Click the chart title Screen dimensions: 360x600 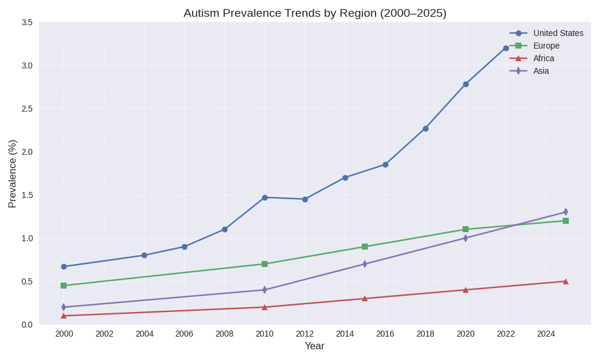pos(315,13)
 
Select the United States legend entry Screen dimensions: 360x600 pos(558,33)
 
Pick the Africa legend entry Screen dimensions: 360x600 pos(544,58)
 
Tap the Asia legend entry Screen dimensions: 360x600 pos(541,71)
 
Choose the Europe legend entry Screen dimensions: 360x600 pos(546,46)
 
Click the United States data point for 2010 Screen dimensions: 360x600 pos(265,197)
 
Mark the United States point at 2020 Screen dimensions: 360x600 pos(466,84)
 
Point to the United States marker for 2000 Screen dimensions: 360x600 pos(64,266)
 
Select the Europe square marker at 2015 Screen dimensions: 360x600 pos(365,247)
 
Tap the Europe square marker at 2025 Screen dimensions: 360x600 pos(566,221)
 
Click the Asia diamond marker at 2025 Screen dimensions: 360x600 pos(566,212)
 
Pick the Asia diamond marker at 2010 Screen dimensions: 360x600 pos(265,290)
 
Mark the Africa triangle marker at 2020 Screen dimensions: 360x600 pos(466,290)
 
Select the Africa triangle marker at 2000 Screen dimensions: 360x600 pos(64,316)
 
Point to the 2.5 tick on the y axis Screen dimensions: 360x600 pos(27,109)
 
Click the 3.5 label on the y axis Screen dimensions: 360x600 pos(27,22)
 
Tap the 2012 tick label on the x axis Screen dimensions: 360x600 pos(305,334)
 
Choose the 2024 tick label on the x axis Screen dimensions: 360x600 pos(546,334)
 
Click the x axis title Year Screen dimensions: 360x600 pos(314,346)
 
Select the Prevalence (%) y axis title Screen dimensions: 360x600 pos(12,173)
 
